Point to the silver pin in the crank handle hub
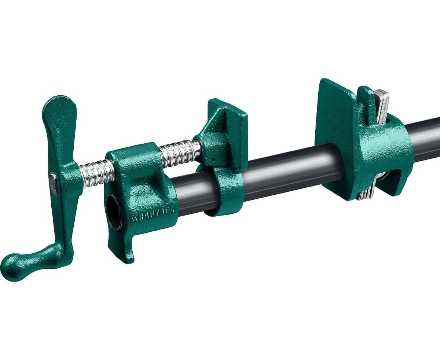click(x=54, y=184)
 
